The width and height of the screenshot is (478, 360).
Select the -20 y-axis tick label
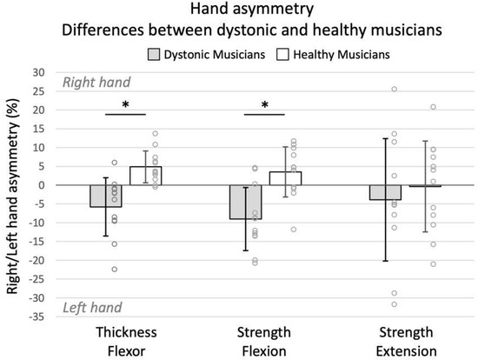click(41, 260)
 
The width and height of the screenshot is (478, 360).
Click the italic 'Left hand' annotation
click(91, 307)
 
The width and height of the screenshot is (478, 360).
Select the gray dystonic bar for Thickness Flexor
click(105, 196)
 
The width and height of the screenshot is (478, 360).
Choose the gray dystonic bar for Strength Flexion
click(245, 202)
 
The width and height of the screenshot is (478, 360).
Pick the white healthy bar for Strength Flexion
click(284, 178)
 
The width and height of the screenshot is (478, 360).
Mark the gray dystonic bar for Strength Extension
click(384, 192)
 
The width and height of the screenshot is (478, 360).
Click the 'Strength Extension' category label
click(404, 341)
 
